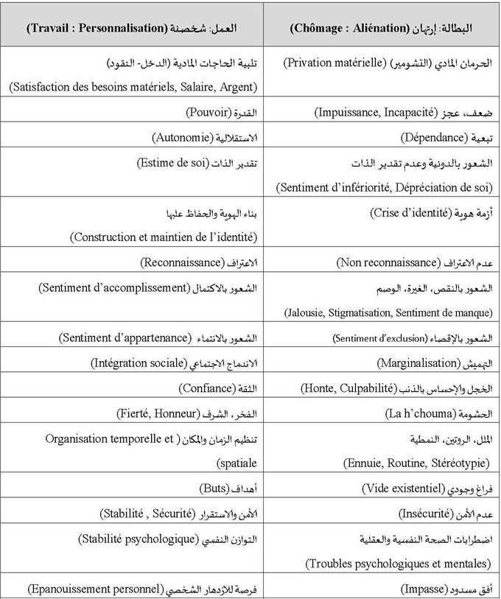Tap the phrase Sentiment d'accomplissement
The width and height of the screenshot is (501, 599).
[x=111, y=287]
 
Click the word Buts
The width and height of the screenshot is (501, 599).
[x=214, y=488]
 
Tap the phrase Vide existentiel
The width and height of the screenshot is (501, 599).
[x=402, y=488]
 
